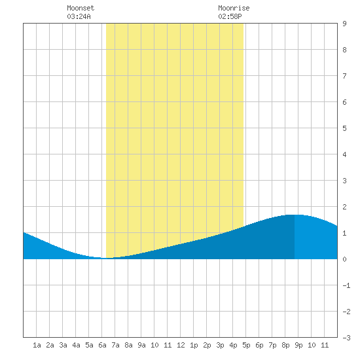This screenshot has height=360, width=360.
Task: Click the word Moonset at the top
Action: pyautogui.click(x=81, y=8)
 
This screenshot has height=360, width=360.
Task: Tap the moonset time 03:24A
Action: pyautogui.click(x=79, y=16)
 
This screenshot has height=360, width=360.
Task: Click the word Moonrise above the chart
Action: pyautogui.click(x=234, y=8)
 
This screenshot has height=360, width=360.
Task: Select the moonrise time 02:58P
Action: pyautogui.click(x=230, y=16)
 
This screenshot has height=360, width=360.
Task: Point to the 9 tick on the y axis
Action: pyautogui.click(x=344, y=24)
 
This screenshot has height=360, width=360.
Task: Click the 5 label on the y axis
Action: pyautogui.click(x=344, y=128)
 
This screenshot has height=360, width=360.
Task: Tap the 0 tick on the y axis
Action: pyautogui.click(x=344, y=259)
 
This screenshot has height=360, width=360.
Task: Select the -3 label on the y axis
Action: pyautogui.click(x=346, y=338)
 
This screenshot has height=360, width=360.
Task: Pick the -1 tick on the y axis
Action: pyautogui.click(x=346, y=285)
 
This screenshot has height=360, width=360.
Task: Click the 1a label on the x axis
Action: pyautogui.click(x=37, y=345)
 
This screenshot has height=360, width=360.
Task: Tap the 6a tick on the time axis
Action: pyautogui.click(x=102, y=345)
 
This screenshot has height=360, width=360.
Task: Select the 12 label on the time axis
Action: pyautogui.click(x=181, y=345)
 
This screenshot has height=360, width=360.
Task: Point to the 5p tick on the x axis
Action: pyautogui.click(x=246, y=345)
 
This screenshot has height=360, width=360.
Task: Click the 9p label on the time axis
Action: pyautogui.click(x=298, y=345)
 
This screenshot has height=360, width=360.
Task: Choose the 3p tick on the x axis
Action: pyautogui.click(x=220, y=345)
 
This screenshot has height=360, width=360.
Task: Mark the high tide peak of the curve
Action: pyautogui.click(x=295, y=215)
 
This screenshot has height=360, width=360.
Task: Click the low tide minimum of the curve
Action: pyautogui.click(x=104, y=258)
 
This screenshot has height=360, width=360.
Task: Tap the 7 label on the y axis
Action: pyautogui.click(x=344, y=76)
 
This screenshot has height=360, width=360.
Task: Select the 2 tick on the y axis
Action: pyautogui.click(x=344, y=207)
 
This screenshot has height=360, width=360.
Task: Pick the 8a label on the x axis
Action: pyautogui.click(x=128, y=345)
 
